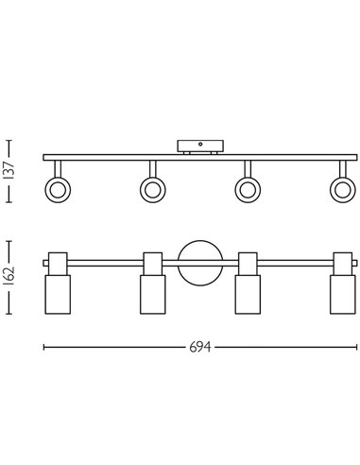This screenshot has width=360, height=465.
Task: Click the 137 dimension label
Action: click(x=9, y=171)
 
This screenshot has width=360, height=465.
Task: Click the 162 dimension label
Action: click(x=9, y=277)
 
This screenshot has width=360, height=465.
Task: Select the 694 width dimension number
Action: click(x=200, y=347)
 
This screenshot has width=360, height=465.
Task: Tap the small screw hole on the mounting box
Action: click(x=200, y=145)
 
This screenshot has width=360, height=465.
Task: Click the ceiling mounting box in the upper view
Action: click(x=200, y=146)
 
